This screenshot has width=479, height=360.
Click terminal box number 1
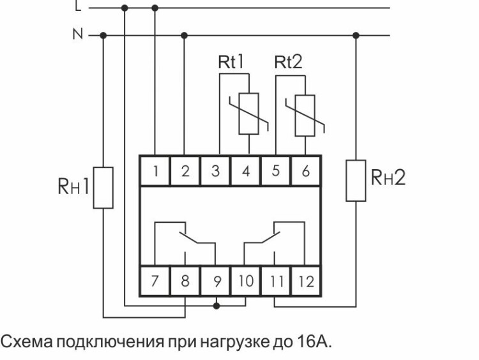[x=155, y=170]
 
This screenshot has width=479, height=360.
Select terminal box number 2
[x=185, y=170]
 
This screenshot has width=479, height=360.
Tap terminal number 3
[x=216, y=170]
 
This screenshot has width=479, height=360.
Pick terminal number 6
[x=305, y=170]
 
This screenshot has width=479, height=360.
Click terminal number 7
[x=155, y=281]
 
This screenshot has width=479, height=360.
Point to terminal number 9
[x=216, y=281]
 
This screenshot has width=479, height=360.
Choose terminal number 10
[x=245, y=281]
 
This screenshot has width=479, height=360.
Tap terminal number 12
[x=306, y=281]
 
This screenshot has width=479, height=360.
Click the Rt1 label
[x=233, y=62]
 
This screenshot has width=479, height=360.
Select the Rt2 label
[x=289, y=62]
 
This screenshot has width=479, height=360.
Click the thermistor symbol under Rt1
[x=248, y=114]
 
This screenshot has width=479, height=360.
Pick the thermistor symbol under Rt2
[x=305, y=114]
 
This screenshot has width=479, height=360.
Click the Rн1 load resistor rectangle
[x=103, y=188]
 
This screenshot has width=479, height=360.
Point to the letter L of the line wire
[x=79, y=8]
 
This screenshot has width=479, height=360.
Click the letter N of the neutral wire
[x=78, y=34]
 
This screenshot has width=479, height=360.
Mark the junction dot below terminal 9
[x=216, y=306]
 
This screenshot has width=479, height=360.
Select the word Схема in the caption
[x=27, y=343]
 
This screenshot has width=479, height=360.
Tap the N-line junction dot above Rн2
[x=356, y=35]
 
